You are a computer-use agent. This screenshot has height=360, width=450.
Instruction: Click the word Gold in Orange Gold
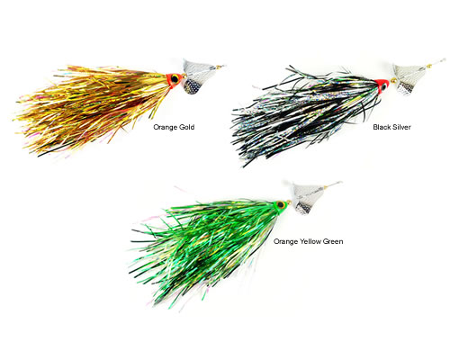coord(186,127)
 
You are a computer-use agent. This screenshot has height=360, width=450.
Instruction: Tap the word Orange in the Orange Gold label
coord(165,128)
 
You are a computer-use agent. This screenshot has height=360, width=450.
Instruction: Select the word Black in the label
coord(382,127)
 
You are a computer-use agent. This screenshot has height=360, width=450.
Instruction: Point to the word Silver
coord(401,127)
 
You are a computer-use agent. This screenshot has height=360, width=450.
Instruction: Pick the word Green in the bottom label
coord(330,241)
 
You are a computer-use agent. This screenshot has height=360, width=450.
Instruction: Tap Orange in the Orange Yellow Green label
coord(284,241)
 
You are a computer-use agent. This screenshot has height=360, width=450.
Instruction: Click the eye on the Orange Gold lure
coord(175,79)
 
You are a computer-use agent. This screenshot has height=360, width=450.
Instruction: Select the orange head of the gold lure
coord(174,80)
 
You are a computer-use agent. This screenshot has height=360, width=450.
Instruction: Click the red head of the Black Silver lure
coord(382,85)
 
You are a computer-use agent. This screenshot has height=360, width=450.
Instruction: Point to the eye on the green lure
coord(281,205)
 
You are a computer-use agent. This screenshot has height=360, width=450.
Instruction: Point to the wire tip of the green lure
coord(341,182)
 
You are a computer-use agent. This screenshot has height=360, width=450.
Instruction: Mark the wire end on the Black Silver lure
coord(444,59)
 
